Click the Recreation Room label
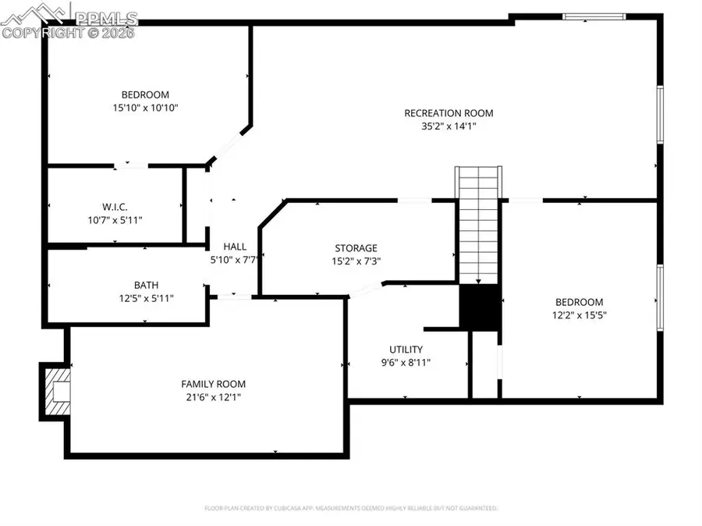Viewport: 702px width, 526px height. click(448, 113)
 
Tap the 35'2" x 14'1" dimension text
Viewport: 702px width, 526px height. click(448, 126)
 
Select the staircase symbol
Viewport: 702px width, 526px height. click(477, 226)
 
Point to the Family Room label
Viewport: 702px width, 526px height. click(213, 384)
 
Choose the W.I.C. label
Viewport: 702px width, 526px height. click(115, 207)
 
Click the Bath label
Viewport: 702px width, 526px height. click(146, 285)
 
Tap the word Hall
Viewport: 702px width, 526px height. click(235, 247)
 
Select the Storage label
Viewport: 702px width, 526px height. click(356, 248)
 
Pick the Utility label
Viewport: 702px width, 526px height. click(406, 350)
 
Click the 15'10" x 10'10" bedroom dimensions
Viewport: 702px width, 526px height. click(146, 108)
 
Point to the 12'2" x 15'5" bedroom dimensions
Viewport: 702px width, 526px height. click(579, 315)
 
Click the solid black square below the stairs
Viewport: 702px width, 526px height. click(479, 307)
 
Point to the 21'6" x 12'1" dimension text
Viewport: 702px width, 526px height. click(213, 397)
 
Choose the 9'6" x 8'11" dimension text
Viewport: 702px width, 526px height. click(406, 362)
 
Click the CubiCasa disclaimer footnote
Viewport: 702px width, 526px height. click(350, 508)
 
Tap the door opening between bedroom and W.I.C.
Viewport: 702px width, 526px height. click(131, 165)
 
